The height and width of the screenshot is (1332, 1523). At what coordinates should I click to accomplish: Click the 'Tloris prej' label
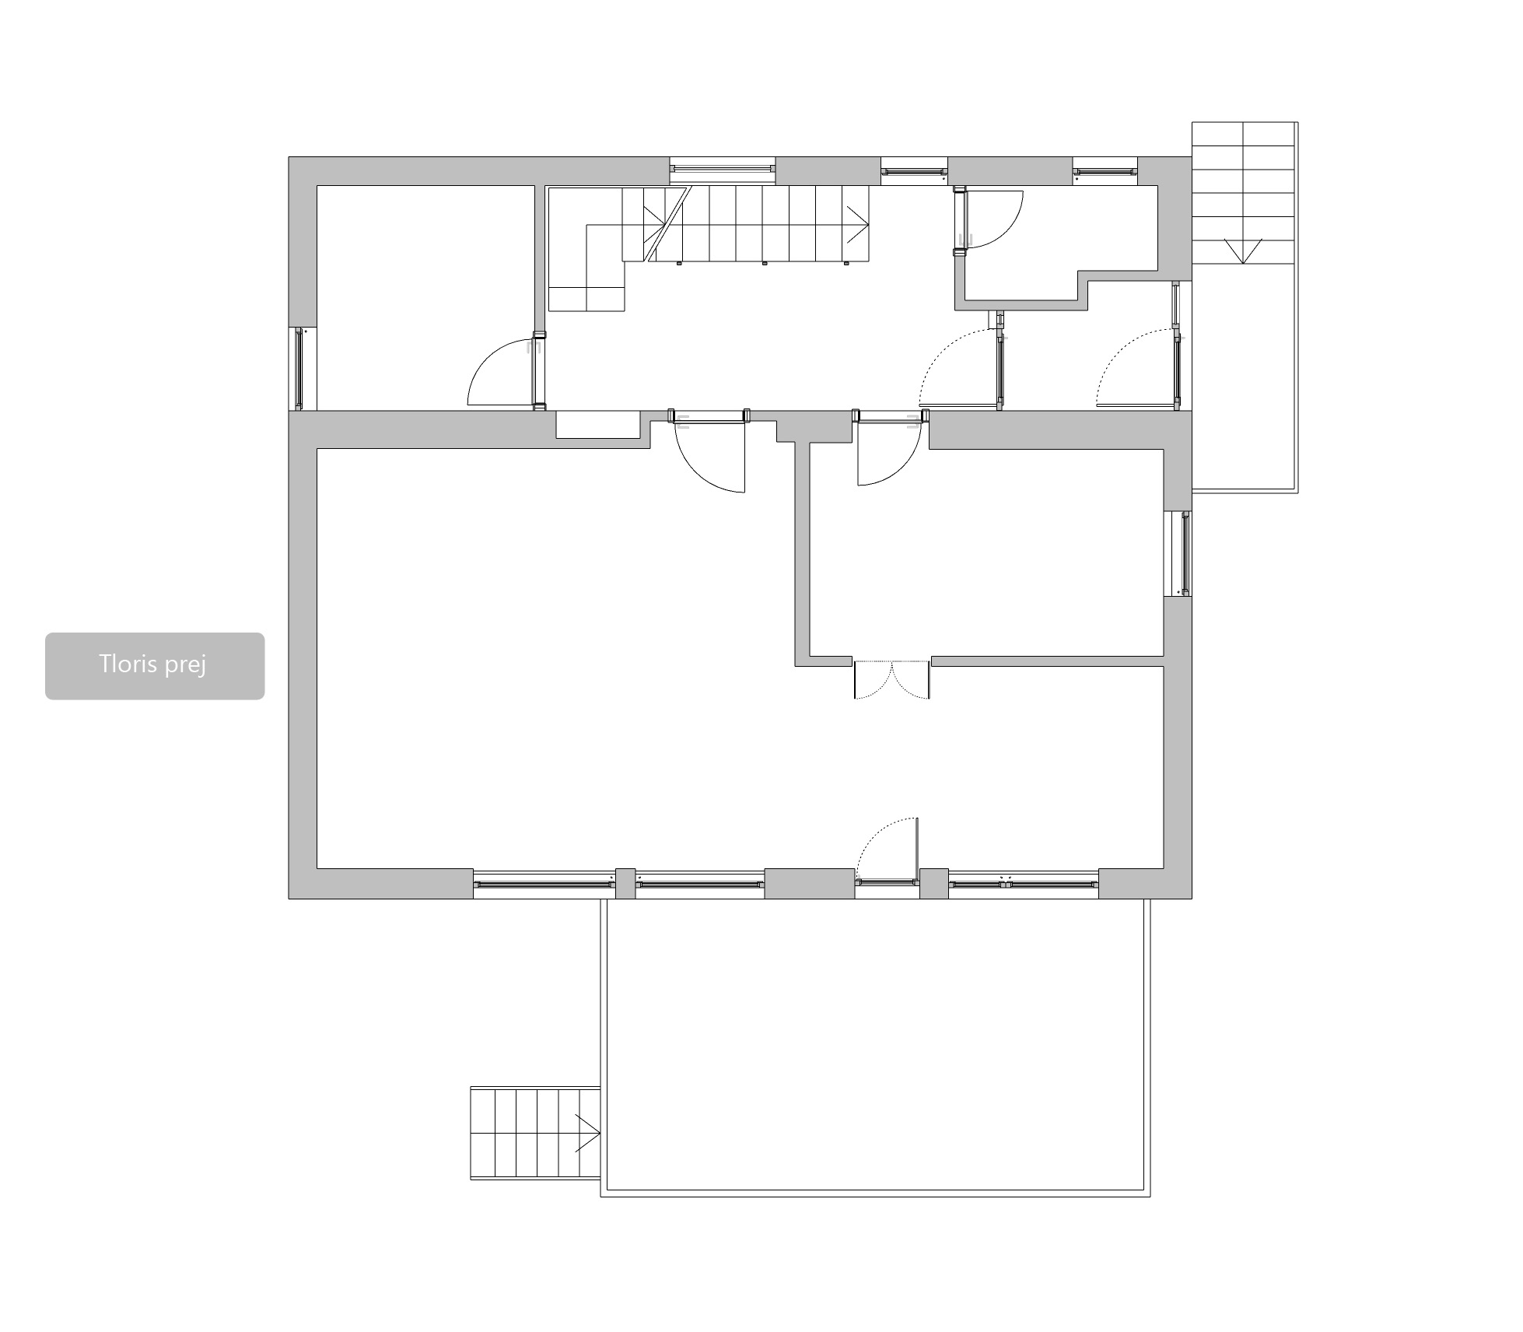[x=152, y=664]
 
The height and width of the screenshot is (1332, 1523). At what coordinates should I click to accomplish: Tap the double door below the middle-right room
[x=892, y=679]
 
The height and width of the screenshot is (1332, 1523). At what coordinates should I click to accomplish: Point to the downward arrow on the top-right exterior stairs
[x=1243, y=251]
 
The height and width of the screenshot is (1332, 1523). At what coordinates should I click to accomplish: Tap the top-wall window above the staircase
[x=723, y=167]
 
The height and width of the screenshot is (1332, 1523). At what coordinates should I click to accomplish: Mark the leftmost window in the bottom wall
[x=544, y=883]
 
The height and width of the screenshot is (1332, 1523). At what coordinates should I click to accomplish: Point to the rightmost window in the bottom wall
[x=1023, y=883]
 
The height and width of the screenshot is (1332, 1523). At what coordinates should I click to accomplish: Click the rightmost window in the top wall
[x=1105, y=171]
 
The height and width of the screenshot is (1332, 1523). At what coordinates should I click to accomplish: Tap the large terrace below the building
[x=875, y=1047]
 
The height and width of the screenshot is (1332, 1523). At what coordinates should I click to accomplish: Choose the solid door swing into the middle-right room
[x=889, y=453]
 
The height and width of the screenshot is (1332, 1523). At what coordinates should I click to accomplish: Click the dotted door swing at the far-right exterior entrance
[x=1136, y=368]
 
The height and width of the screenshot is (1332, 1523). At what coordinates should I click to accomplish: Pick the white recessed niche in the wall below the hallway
[x=597, y=425]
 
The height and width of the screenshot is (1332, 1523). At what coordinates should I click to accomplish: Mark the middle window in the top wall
[x=914, y=171]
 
